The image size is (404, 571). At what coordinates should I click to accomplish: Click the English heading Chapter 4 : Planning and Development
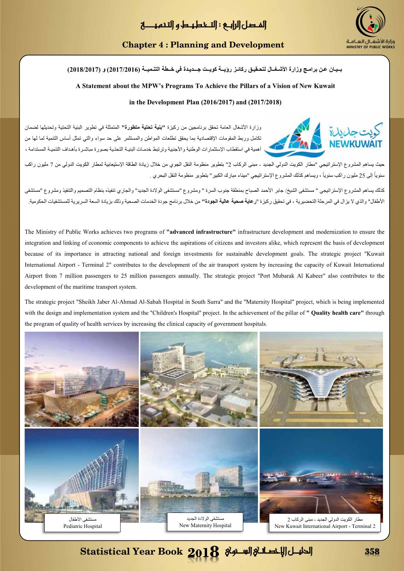tap(203, 45)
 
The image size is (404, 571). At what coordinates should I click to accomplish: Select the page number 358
tap(372, 552)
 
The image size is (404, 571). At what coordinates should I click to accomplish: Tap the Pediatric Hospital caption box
tap(82, 522)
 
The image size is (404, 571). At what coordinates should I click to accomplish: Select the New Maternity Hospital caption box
tap(205, 522)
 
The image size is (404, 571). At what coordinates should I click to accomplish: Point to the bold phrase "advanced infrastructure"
tap(201, 232)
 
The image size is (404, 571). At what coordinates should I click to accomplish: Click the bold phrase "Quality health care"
tap(335, 313)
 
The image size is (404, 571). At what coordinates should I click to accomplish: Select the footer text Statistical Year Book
tap(131, 552)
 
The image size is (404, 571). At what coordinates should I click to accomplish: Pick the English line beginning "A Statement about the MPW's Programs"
tap(205, 85)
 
